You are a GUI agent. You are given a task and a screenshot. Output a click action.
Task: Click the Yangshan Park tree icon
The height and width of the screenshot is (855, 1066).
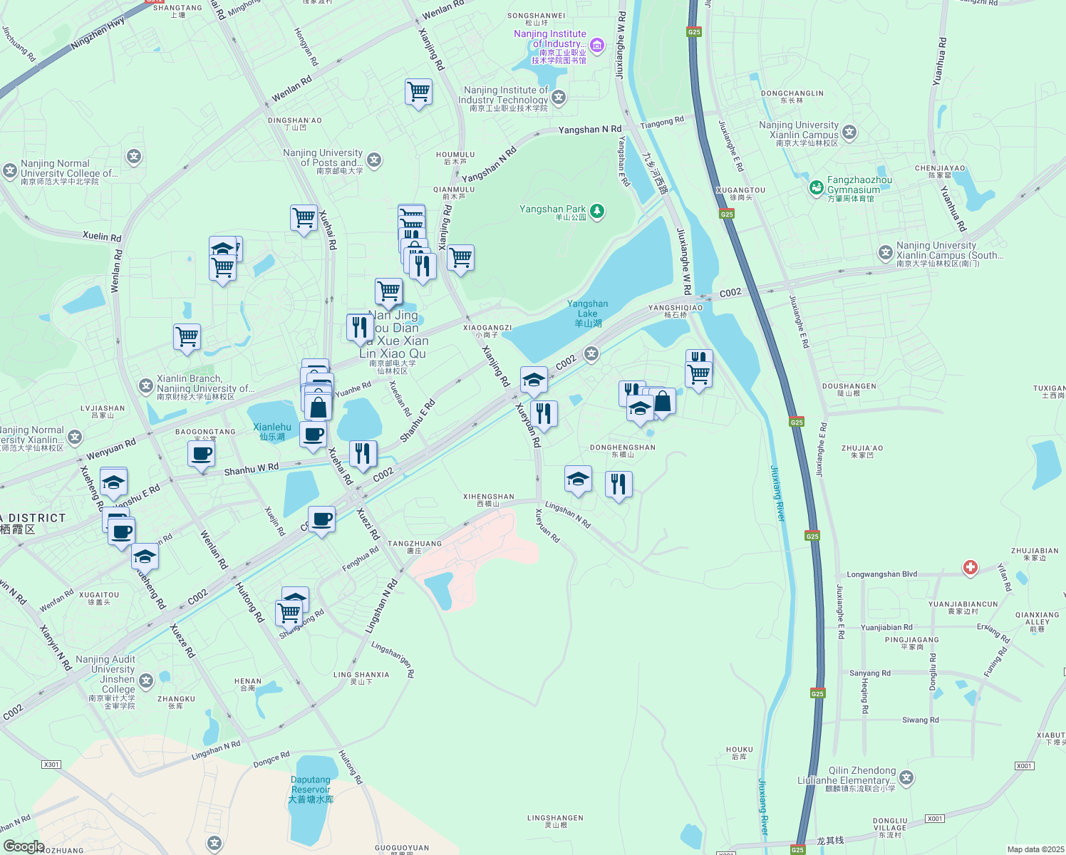tap(597, 211)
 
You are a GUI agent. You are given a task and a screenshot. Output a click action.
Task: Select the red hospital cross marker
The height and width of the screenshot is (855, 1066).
tap(970, 567)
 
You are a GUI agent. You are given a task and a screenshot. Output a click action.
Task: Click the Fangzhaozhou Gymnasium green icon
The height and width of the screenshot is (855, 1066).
tap(817, 187)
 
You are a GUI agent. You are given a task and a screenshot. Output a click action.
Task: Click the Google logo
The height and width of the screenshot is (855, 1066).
tap(24, 846)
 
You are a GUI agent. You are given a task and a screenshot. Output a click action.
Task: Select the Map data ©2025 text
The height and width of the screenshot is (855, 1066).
tap(1035, 849)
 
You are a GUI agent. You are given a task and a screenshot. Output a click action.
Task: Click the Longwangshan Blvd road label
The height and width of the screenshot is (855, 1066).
tap(881, 574)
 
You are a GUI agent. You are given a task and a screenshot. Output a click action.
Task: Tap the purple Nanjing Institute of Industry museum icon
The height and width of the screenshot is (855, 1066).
tap(597, 46)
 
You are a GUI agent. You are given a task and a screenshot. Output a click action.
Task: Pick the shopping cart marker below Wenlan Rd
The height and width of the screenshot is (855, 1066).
tap(418, 93)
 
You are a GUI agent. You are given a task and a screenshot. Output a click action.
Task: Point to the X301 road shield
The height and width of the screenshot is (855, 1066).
tap(51, 765)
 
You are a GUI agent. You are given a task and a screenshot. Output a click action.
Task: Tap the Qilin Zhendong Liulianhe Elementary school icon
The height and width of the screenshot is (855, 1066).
tap(906, 777)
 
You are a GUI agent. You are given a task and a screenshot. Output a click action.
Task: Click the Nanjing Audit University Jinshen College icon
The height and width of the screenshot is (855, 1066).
tap(146, 680)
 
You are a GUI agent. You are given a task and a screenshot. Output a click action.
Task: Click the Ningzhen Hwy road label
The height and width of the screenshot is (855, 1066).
tap(98, 34)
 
